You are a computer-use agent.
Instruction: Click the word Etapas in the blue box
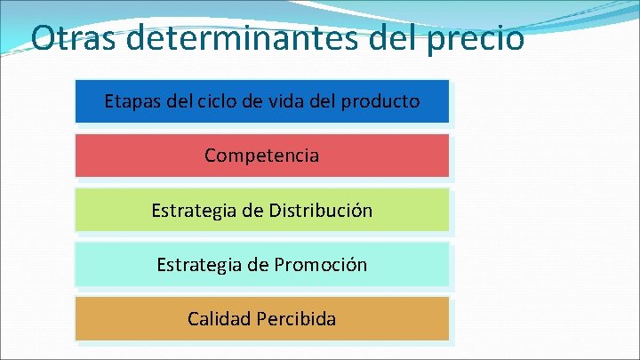click(x=132, y=101)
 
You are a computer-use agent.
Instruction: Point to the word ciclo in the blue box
click(x=217, y=101)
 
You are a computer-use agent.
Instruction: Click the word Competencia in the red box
click(x=261, y=156)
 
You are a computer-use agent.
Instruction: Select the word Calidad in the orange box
click(x=219, y=318)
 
